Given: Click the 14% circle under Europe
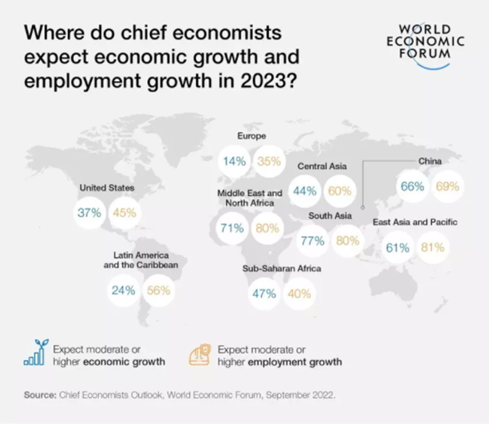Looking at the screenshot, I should coord(234,161).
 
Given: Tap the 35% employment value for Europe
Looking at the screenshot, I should coord(269,161).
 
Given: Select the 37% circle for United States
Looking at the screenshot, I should coord(89,213).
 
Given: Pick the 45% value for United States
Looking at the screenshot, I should coord(124,213).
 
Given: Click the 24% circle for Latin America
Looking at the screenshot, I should coord(123,290).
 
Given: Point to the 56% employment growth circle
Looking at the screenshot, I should coord(158,290).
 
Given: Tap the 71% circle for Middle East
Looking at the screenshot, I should coord(232,228).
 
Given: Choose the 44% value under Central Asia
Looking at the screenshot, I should coord(305,191).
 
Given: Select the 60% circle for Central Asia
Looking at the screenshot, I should coord(340,191).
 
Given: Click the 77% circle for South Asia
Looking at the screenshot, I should coord(313,241).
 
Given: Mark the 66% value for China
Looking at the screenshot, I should coord(412,186).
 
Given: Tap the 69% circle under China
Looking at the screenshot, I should coord(447,186).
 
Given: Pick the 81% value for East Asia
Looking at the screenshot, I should coord(432,247).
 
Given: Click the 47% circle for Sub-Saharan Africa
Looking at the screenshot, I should coord(264,293).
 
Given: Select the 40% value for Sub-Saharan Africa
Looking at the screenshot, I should coord(298,293).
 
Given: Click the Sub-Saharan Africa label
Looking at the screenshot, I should coord(282,268).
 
